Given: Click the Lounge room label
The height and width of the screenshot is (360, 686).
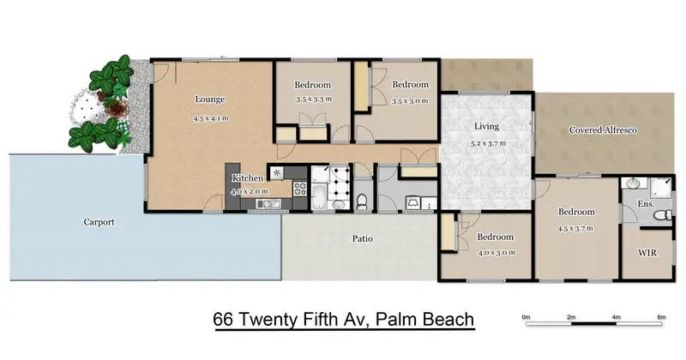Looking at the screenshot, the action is [210, 99].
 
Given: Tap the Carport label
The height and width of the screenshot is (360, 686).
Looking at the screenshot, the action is [99, 222].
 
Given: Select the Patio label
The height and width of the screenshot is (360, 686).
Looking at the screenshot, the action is [363, 239].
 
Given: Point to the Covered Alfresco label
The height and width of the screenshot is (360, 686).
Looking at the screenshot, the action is [603, 130].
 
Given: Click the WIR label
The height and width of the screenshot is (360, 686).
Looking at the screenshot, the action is [647, 253].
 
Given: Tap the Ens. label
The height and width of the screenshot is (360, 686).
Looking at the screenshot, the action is [647, 204].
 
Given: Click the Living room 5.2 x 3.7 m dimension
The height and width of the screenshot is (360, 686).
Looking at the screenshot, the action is [487, 143].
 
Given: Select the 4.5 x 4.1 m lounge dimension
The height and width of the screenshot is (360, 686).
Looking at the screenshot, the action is [211, 118].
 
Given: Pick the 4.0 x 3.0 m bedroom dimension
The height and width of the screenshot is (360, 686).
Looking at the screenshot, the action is [496, 253].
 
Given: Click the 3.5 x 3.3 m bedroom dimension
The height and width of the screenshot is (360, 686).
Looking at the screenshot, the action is [314, 99].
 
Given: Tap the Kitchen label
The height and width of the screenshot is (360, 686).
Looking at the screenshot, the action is [248, 178].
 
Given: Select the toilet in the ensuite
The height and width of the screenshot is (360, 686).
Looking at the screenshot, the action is [663, 215].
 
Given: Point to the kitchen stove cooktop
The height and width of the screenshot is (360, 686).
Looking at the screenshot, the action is [299, 189].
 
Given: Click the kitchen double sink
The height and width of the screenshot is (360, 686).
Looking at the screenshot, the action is [268, 203].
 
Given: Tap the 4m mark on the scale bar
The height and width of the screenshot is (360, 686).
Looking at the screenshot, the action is [617, 317].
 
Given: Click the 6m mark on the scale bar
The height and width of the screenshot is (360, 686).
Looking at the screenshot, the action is [661, 317].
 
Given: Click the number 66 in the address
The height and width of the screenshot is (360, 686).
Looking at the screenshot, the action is [223, 320].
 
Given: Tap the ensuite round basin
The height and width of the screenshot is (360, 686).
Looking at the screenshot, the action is [632, 183].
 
